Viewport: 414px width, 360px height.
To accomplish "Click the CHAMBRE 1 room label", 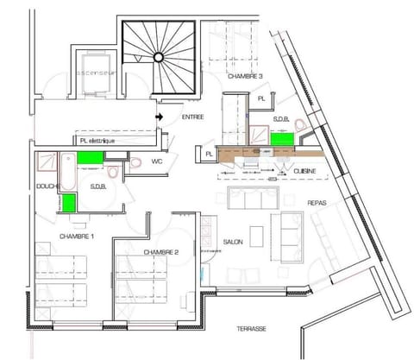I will pyautogui.click(x=76, y=236).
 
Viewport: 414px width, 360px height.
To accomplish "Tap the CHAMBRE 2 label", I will pyautogui.click(x=160, y=252).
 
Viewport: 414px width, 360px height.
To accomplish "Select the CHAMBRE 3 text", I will pyautogui.click(x=245, y=77).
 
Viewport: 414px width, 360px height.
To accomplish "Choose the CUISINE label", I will pyautogui.click(x=304, y=172).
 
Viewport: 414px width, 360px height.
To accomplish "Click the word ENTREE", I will pyautogui.click(x=192, y=116).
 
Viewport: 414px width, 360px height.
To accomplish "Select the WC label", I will pyautogui.click(x=157, y=161).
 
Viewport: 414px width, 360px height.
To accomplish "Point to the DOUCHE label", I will pyautogui.click(x=47, y=186).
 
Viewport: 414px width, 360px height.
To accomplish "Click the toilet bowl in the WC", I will pyautogui.click(x=135, y=164).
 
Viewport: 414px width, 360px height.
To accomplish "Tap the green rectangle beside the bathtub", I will pyautogui.click(x=91, y=158).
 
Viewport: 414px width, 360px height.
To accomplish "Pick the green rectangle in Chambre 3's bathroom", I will pyautogui.click(x=280, y=137).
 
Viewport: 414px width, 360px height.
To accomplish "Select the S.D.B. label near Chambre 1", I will pyautogui.click(x=99, y=186).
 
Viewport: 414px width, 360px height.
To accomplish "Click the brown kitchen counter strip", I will pyautogui.click(x=267, y=153).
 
